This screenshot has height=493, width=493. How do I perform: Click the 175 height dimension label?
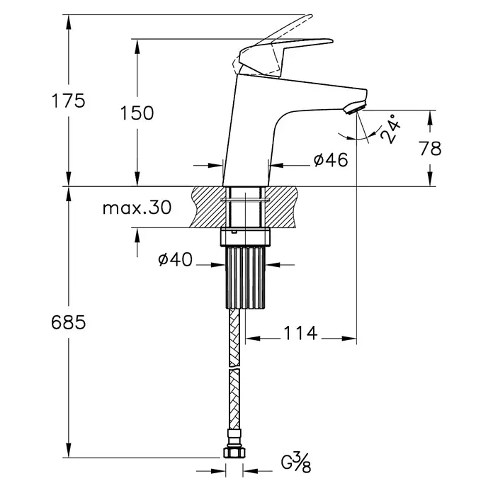click(68, 101)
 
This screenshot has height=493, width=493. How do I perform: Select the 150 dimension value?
click(137, 113)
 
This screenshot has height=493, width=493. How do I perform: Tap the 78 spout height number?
click(430, 149)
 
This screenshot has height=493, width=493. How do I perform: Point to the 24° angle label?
click(390, 129)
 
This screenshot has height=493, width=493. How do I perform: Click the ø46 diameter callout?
click(331, 160)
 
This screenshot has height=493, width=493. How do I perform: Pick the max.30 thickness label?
click(137, 208)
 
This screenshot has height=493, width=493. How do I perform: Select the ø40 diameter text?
click(176, 260)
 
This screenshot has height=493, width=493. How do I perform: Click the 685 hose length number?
click(68, 322)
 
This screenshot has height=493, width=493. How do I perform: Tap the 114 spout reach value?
click(300, 334)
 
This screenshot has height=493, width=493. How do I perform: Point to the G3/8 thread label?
click(296, 463)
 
